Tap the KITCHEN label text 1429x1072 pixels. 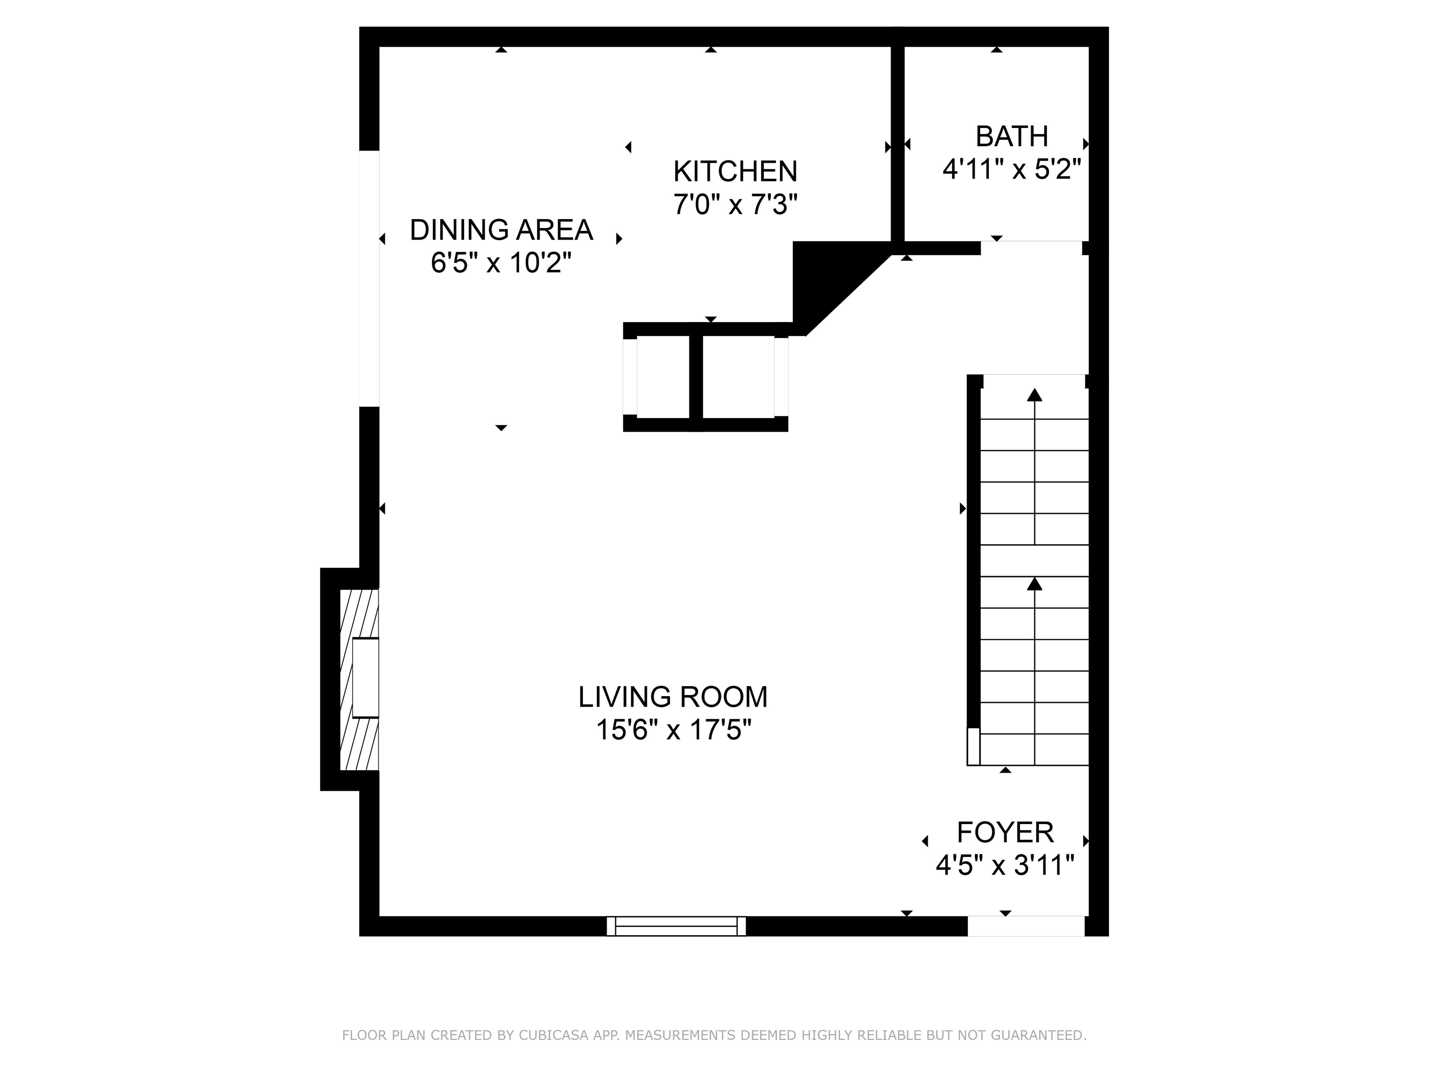coord(735,172)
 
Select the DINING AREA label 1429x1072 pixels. coord(501,230)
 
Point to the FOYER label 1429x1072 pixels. coord(1005,832)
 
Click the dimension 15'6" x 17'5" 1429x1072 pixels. coord(673,731)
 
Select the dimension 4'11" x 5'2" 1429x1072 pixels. coord(1012,170)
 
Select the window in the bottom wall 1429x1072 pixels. coord(676,926)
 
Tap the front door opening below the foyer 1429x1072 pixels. coord(1025,926)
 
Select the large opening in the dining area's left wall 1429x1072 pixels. coord(369,279)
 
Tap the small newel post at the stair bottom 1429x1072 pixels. coord(973,746)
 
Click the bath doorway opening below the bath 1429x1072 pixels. coord(1031,248)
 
